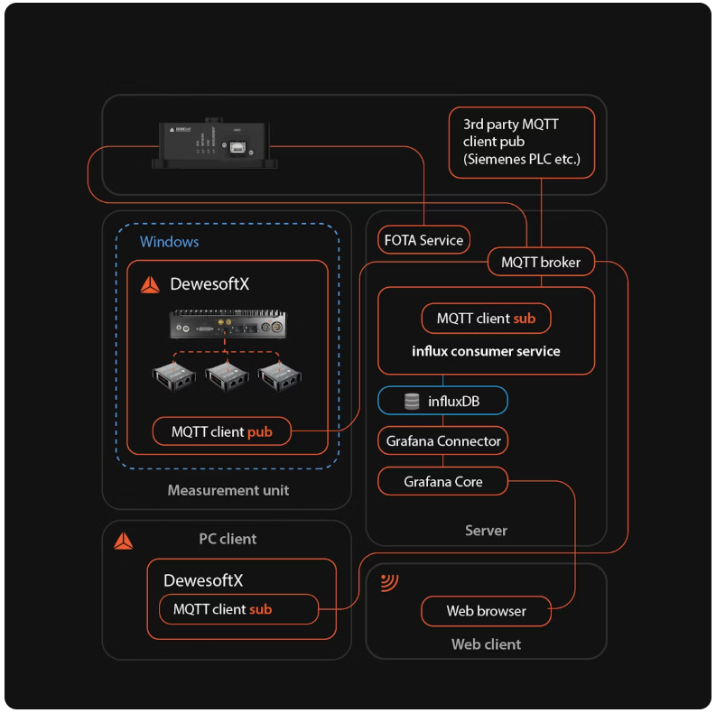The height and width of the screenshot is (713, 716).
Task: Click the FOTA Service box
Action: coord(423,240)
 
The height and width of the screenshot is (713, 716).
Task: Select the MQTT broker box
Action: coord(541,263)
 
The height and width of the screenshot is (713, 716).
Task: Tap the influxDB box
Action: coord(442,401)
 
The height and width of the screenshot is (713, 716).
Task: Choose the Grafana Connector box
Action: coord(442,441)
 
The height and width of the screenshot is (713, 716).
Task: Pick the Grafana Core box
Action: coord(442,482)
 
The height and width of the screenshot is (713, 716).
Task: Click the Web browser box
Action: coord(486,611)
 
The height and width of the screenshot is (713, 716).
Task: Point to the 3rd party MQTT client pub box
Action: coord(521,142)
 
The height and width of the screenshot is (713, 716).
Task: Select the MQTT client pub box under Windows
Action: coord(221,431)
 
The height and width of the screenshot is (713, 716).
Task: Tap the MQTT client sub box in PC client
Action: coord(239,609)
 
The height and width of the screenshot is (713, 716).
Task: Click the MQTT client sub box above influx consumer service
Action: coord(486,319)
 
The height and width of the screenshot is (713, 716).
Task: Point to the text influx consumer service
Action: coord(486,351)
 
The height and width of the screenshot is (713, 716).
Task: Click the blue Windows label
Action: coord(169,242)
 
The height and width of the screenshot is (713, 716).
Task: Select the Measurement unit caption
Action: coord(228,490)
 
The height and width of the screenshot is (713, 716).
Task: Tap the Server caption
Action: coord(486,530)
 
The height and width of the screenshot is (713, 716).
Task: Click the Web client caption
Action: coord(486,644)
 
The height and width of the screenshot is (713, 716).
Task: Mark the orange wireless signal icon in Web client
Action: coord(390,582)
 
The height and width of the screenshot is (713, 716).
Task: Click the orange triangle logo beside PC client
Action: coord(124,542)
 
